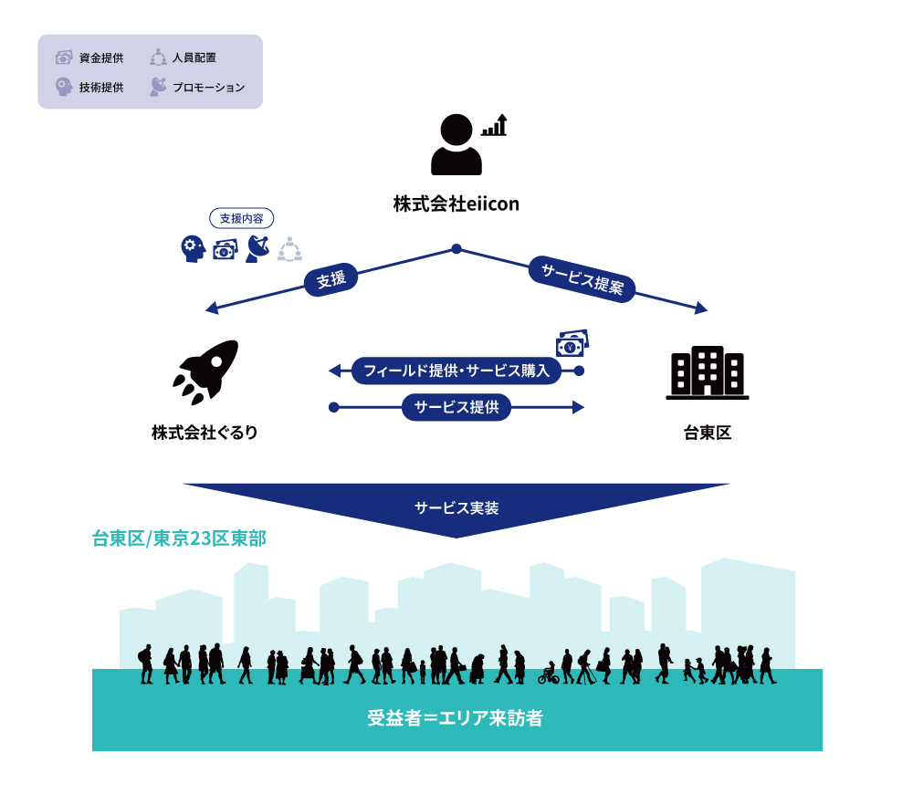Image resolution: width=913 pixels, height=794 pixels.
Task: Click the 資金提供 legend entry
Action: tap(89, 57)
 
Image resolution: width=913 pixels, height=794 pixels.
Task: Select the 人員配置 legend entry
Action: tap(183, 57)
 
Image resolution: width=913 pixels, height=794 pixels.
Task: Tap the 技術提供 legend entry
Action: tap(89, 88)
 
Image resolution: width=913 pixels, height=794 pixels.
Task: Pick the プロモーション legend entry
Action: tap(197, 88)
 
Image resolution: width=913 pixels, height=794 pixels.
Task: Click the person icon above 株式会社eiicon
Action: tap(456, 144)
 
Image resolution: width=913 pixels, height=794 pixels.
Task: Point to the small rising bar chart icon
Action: tap(494, 125)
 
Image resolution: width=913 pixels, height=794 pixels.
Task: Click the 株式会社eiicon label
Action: tap(456, 204)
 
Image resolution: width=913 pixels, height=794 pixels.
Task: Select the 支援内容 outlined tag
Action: tap(242, 218)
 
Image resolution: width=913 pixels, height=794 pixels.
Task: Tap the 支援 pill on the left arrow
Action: tap(331, 280)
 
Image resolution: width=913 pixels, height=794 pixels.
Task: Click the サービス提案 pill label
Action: tap(582, 279)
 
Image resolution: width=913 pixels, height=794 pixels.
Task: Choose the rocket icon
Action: tap(205, 372)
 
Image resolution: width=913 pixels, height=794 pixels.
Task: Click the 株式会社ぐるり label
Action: tap(205, 433)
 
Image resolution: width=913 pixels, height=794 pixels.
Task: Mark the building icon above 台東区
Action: tap(708, 372)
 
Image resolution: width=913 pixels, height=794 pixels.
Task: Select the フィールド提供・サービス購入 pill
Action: tap(456, 371)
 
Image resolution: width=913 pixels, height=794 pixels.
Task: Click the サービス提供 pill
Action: tap(456, 407)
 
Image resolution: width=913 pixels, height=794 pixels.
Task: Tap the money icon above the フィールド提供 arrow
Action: tap(572, 343)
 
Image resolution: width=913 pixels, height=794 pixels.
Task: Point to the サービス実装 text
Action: tap(456, 508)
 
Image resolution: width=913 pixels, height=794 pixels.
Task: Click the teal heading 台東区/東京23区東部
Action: tap(179, 538)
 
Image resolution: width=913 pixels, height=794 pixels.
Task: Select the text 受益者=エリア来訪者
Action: tap(455, 717)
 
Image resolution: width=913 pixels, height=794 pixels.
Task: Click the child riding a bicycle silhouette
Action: tap(549, 674)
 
